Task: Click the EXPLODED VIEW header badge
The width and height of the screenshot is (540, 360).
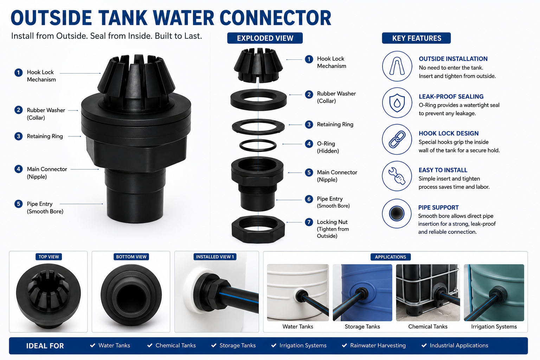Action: pyautogui.click(x=265, y=38)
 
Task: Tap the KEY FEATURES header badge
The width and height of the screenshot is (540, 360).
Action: pyautogui.click(x=416, y=38)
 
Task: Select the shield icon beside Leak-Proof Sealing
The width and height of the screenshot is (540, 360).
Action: pyautogui.click(x=397, y=103)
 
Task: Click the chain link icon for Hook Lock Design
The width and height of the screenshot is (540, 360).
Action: pyautogui.click(x=397, y=139)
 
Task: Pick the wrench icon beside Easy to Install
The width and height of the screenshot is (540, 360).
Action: pyautogui.click(x=397, y=176)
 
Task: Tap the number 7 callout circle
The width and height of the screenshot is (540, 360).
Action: pyautogui.click(x=309, y=222)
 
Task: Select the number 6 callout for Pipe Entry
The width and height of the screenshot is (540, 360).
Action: pyautogui.click(x=309, y=199)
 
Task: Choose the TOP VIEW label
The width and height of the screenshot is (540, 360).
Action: pyautogui.click(x=49, y=257)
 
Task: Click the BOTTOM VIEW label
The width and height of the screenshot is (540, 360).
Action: pyautogui.click(x=131, y=257)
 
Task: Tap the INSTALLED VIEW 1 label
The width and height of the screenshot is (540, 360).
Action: pyautogui.click(x=215, y=257)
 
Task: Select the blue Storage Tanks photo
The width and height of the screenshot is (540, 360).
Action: pyautogui.click(x=362, y=292)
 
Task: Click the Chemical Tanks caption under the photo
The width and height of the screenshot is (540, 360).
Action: pyautogui.click(x=427, y=327)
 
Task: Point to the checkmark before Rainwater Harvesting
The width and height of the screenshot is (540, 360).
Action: pyautogui.click(x=345, y=346)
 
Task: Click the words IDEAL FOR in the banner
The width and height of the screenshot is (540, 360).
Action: pyautogui.click(x=45, y=346)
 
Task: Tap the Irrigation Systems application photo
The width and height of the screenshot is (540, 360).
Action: pyautogui.click(x=494, y=292)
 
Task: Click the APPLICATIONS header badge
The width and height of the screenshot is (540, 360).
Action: pyautogui.click(x=390, y=257)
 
